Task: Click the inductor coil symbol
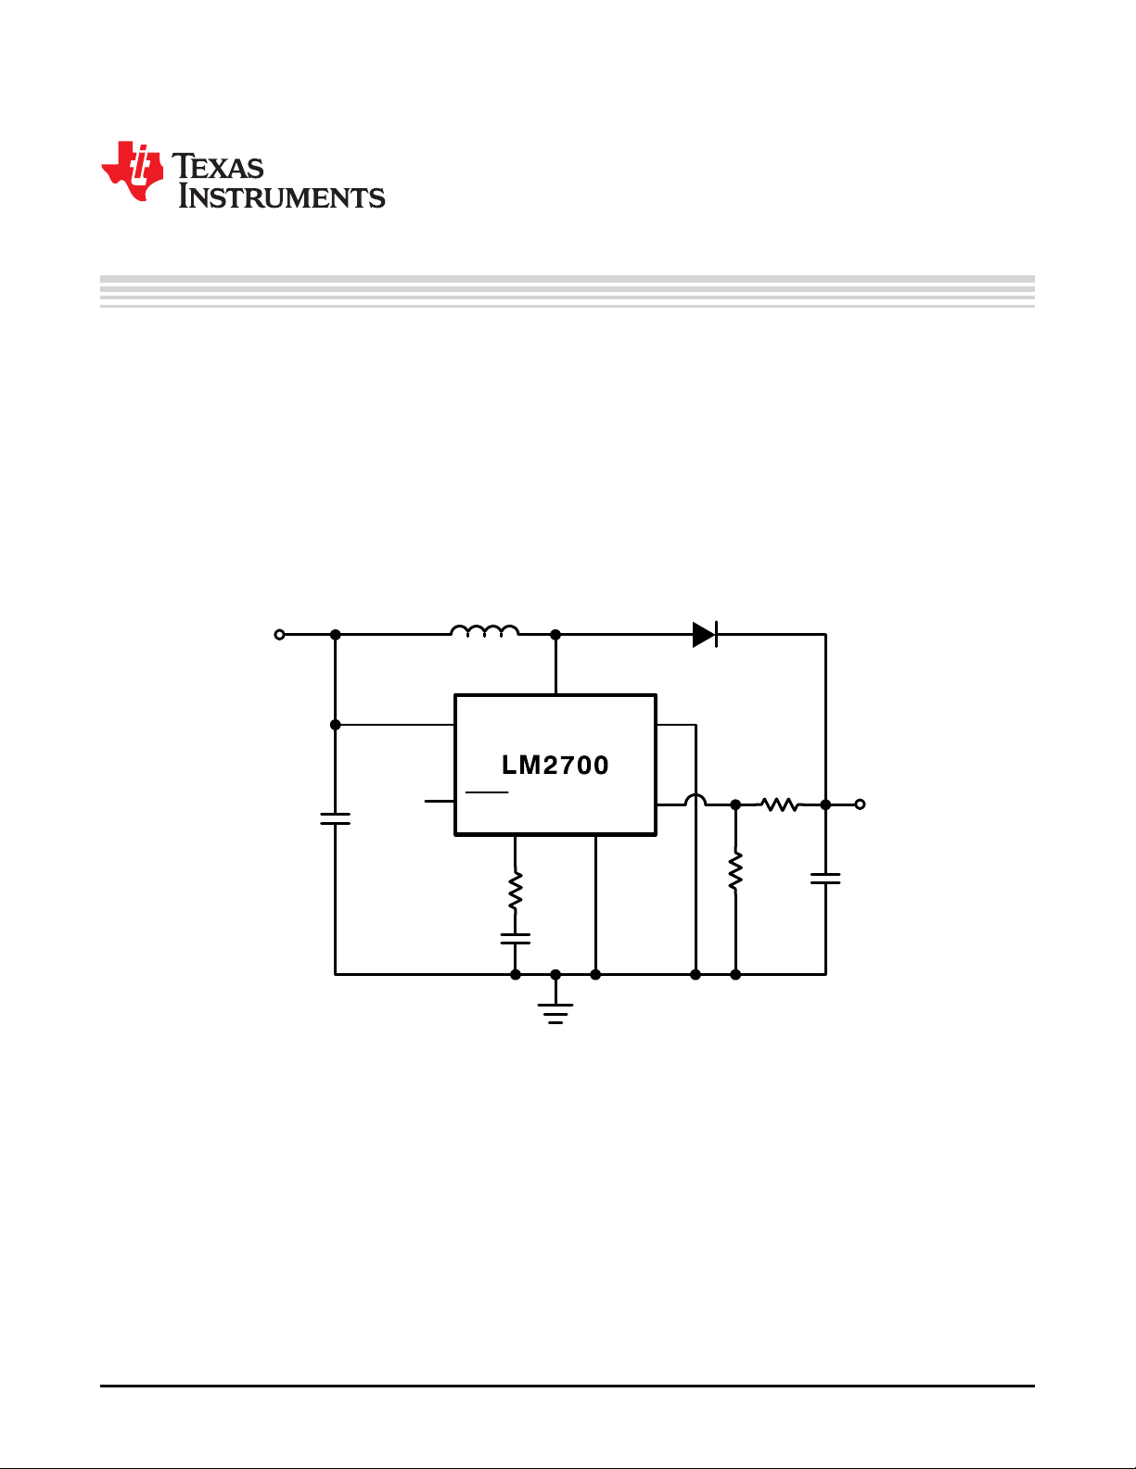coord(484,630)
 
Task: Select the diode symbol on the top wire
coord(705,635)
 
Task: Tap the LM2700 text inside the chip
coord(555,766)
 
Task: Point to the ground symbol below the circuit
coord(555,1013)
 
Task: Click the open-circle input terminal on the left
coord(279,635)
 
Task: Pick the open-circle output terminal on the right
coord(861,804)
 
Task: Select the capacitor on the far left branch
coord(336,818)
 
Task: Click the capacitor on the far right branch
coord(825,878)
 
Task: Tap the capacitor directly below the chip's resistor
coord(516,938)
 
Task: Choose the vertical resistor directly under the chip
coord(516,890)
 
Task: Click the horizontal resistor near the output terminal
coord(780,804)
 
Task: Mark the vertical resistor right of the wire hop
coord(735,870)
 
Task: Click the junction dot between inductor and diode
coord(555,635)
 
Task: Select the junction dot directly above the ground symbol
coord(555,974)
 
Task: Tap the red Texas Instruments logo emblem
coord(133,171)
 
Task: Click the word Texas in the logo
coord(218,166)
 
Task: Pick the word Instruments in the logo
coord(282,196)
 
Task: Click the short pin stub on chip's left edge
coord(440,801)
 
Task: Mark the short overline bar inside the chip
coord(487,791)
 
